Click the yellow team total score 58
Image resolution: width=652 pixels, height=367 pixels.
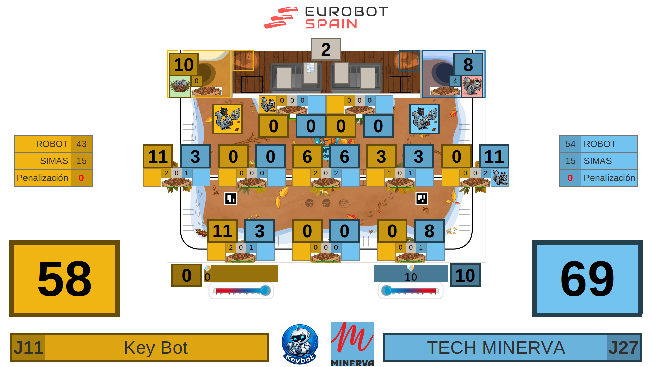pyautogui.click(x=65, y=279)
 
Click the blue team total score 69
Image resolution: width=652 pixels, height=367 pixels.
pyautogui.click(x=587, y=279)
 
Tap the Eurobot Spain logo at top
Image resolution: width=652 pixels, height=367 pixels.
pyautogui.click(x=326, y=18)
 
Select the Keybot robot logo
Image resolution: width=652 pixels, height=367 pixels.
pyautogui.click(x=300, y=344)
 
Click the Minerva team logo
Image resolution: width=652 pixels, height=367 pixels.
pyautogui.click(x=352, y=344)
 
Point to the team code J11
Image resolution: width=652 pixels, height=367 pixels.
pyautogui.click(x=28, y=348)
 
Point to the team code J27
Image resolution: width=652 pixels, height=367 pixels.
pyautogui.click(x=623, y=348)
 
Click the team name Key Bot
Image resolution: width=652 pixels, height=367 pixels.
pyautogui.click(x=156, y=348)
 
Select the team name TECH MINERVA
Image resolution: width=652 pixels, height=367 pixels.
pyautogui.click(x=496, y=348)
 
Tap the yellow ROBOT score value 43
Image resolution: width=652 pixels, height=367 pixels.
pyautogui.click(x=81, y=144)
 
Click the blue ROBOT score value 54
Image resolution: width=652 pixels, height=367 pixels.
pyautogui.click(x=570, y=144)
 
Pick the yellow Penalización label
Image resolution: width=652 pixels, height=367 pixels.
pyautogui.click(x=42, y=178)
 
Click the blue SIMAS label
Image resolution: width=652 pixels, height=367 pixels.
pyautogui.click(x=598, y=161)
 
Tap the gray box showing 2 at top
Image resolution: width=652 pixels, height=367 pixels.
pyautogui.click(x=326, y=50)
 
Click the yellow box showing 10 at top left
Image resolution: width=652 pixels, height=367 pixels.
pyautogui.click(x=184, y=65)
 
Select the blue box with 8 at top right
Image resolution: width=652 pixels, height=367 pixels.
pyautogui.click(x=468, y=65)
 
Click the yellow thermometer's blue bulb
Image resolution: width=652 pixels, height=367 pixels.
pyautogui.click(x=265, y=291)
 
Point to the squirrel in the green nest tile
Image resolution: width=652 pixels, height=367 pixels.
pyautogui.click(x=180, y=86)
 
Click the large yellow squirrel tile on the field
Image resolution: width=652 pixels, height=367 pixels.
pyautogui.click(x=227, y=119)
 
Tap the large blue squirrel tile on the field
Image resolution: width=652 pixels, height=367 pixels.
pyautogui.click(x=424, y=119)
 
